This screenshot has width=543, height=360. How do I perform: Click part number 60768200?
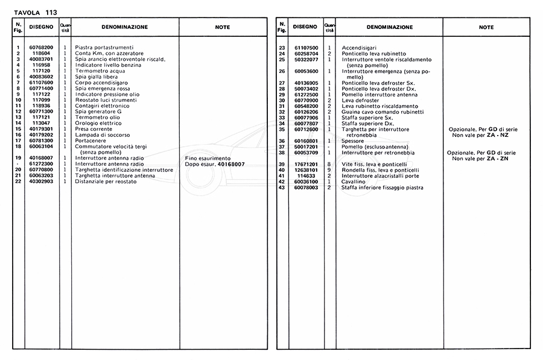[x=42, y=47]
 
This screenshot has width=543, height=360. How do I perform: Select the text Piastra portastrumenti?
[x=104, y=47]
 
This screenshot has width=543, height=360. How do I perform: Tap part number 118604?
[x=42, y=53]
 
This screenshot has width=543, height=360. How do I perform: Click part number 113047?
[x=42, y=123]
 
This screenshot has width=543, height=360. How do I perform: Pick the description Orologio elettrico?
[x=98, y=123]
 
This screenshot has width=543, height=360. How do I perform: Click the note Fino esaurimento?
[x=208, y=158]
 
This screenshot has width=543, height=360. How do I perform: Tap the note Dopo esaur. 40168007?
[x=215, y=164]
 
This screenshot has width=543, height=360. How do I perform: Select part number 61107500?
[x=306, y=47]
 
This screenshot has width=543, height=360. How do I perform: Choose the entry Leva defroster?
[x=361, y=99]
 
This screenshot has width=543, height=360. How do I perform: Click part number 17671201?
[x=306, y=164]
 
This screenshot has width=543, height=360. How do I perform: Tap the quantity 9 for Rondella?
[x=329, y=170]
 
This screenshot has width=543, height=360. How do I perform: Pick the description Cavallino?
[x=353, y=182]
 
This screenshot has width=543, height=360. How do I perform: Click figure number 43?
[x=281, y=188]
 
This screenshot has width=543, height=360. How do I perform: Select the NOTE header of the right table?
[x=486, y=27]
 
